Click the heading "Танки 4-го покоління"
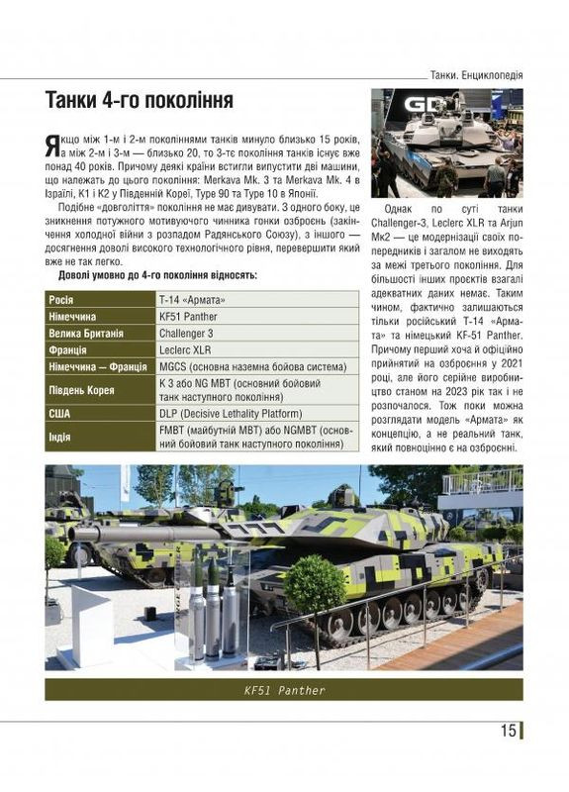(140, 103)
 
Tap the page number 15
(508, 732)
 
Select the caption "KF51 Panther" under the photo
(284, 689)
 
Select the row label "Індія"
(61, 436)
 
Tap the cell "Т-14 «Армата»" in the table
(192, 299)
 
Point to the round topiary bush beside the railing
(316, 584)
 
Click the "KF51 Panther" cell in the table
(188, 317)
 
